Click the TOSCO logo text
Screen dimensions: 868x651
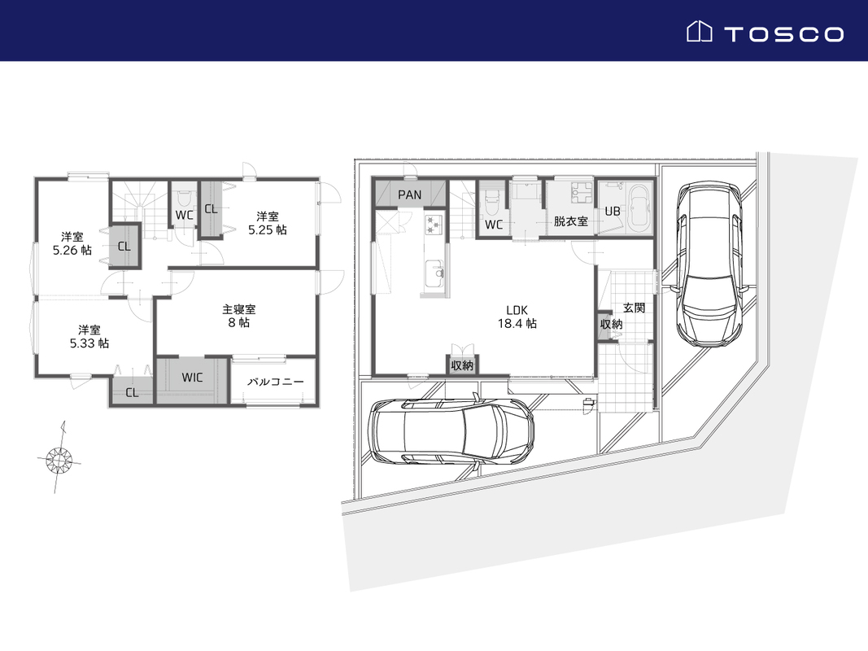pos(784,34)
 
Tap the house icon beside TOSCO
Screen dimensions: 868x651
pos(699,32)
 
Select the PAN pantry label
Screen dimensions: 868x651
pos(410,194)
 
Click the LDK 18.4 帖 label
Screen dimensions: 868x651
pos(517,317)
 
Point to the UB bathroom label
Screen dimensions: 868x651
pos(613,211)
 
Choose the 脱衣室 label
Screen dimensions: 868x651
pos(571,221)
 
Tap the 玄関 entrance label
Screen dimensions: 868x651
pos(634,308)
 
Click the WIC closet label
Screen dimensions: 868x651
pos(192,378)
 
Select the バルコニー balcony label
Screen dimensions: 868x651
pos(275,382)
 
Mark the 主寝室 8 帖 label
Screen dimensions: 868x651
pos(239,316)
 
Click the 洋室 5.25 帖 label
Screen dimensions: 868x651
pos(268,223)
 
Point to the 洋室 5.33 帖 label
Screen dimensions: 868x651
pos(89,337)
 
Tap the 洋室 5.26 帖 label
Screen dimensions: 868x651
pos(72,243)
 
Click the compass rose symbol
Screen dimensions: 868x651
pos(59,458)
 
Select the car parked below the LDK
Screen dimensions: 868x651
pos(451,430)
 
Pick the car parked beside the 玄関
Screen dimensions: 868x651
pos(709,264)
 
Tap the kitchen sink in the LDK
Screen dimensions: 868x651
pos(434,273)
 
